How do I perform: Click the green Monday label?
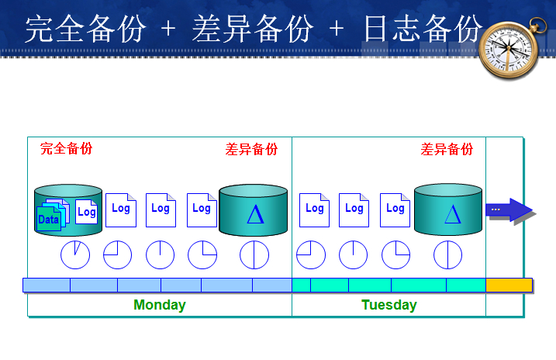[x=159, y=305]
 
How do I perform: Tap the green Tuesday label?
[x=389, y=305]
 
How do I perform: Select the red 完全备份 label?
[x=66, y=149]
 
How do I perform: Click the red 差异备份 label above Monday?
[x=251, y=149]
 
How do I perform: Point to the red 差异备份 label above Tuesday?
[x=447, y=149]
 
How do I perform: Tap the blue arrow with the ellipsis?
[x=509, y=210]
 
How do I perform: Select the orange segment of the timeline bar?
[x=509, y=285]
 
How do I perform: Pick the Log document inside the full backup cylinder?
[x=86, y=212]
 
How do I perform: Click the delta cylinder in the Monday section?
[x=254, y=210]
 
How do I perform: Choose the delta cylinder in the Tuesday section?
[x=448, y=210]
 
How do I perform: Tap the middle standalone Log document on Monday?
[x=161, y=209]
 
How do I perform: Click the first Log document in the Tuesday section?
[x=314, y=209]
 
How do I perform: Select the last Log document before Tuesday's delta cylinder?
[x=395, y=209]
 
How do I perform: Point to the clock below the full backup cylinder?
[x=75, y=254]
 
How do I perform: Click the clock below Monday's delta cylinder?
[x=254, y=254]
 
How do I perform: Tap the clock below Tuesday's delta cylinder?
[x=447, y=254]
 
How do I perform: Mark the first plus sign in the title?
[x=168, y=29]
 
